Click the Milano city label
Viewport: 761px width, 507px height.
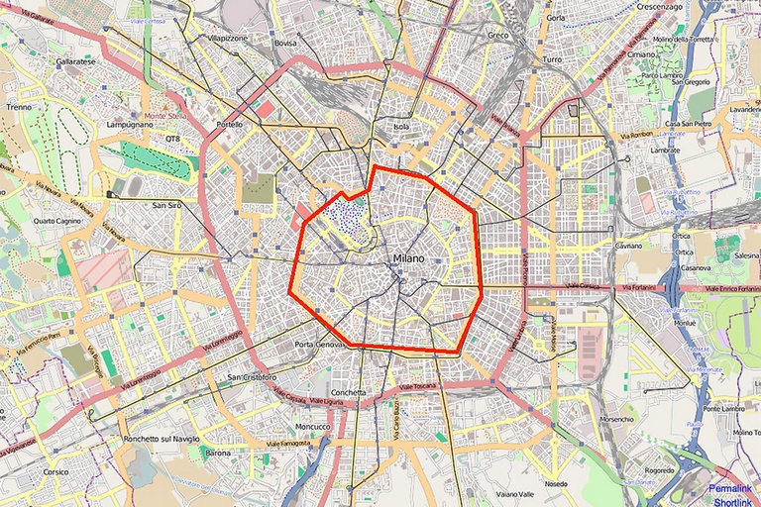[x=408, y=258]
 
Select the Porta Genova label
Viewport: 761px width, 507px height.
[x=318, y=344]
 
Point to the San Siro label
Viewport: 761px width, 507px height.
[x=167, y=205]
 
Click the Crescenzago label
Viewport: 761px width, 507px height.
[x=659, y=6]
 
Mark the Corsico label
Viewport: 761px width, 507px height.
[x=55, y=471]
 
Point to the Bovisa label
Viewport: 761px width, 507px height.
[x=285, y=44]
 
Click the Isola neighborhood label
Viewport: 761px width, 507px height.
[x=401, y=127]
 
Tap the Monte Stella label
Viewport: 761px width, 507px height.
[x=165, y=116]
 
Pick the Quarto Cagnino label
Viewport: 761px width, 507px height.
[x=57, y=221]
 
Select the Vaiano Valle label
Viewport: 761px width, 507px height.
[x=514, y=493]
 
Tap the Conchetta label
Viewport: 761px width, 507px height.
[x=348, y=392]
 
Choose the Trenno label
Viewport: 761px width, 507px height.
[x=19, y=106]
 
